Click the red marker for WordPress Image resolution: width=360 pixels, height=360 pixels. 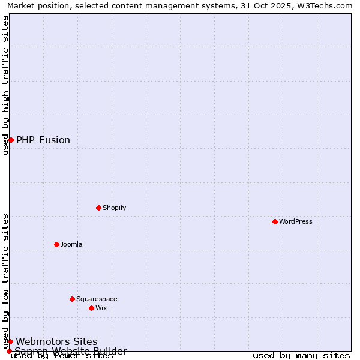(275, 221)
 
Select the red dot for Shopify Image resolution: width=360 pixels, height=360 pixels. (99, 208)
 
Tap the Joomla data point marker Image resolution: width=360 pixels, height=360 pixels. (57, 244)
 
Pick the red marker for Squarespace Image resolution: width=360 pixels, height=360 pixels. (73, 299)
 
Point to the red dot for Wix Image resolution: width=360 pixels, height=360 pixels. (92, 308)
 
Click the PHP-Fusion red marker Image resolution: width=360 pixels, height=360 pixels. (11, 140)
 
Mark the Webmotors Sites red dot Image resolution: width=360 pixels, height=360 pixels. (10, 341)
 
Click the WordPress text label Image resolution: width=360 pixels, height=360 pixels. (296, 221)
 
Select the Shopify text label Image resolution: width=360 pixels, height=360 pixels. (115, 208)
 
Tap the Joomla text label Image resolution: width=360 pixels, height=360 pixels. (71, 244)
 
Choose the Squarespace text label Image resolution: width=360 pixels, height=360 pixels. (97, 299)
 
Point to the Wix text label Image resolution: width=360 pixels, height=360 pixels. (101, 308)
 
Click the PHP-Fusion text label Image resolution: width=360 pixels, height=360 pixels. (43, 140)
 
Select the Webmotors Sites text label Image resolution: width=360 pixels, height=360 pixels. (56, 341)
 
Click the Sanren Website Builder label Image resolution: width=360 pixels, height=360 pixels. (71, 351)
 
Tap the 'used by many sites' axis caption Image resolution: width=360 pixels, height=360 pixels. (301, 356)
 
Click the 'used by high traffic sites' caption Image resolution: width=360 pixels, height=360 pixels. (5, 85)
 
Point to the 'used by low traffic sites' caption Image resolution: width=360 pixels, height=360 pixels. (5, 281)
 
